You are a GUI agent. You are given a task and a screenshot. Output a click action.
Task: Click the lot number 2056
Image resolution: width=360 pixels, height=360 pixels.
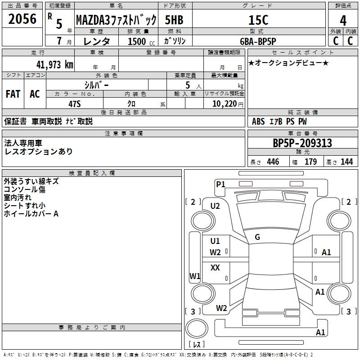22,19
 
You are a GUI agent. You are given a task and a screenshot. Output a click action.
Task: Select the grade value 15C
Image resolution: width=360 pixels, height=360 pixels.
258,20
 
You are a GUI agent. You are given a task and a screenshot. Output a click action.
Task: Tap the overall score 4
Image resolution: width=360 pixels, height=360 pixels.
343,21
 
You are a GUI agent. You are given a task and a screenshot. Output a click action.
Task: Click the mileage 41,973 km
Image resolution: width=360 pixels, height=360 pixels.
55,64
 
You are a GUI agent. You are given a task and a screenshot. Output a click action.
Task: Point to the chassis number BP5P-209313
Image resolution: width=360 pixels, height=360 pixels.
302,143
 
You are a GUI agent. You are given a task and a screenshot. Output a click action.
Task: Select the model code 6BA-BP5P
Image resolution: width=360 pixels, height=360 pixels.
258,41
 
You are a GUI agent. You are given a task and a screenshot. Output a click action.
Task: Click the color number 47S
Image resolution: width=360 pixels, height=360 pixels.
75,104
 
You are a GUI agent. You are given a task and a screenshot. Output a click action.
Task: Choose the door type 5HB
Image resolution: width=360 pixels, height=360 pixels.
174,20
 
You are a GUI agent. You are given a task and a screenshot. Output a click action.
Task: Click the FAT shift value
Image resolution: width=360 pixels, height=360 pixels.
13,94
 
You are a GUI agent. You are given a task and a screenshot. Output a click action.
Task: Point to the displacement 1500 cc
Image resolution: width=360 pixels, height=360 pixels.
141,41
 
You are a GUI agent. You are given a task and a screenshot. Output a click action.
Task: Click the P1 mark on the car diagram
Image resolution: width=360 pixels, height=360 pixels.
220,184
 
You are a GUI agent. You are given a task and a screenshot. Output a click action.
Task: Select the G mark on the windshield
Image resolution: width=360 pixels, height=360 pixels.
257,237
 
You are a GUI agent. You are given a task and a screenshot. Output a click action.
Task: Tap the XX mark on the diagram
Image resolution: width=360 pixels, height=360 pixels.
215,267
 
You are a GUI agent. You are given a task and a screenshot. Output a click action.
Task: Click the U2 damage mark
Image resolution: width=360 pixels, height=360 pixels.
215,206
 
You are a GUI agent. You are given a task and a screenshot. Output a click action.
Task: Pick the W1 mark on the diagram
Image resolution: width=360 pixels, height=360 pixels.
195,276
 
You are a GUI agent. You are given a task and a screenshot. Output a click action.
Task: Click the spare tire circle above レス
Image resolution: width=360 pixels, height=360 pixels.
197,328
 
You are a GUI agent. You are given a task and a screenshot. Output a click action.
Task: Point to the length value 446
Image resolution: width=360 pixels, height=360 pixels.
273,162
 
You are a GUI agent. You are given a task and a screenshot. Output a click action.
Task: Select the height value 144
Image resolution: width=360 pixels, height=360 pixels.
346,162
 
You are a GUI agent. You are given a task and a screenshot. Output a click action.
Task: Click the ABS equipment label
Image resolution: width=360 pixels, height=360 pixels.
258,121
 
